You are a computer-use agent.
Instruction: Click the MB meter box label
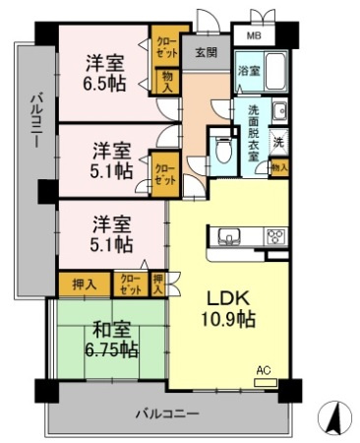254,36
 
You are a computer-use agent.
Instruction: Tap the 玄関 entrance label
205,53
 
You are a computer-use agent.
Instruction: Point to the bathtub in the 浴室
272,71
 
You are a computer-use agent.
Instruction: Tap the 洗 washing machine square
279,141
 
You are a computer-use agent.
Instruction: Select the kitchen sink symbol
228,236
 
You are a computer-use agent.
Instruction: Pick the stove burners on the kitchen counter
274,236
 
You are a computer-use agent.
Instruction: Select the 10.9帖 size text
228,319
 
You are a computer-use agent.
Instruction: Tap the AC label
262,370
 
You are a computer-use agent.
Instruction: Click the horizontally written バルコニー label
166,414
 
